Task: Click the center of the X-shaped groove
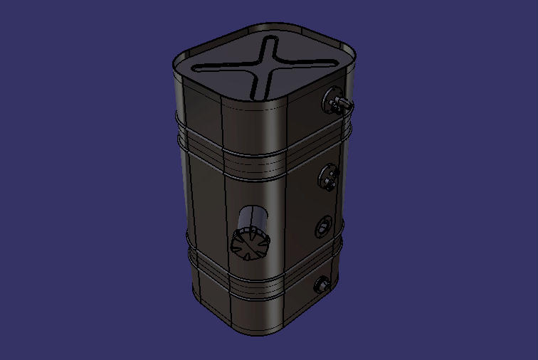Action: (265, 65)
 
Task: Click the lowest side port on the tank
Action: (321, 286)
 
